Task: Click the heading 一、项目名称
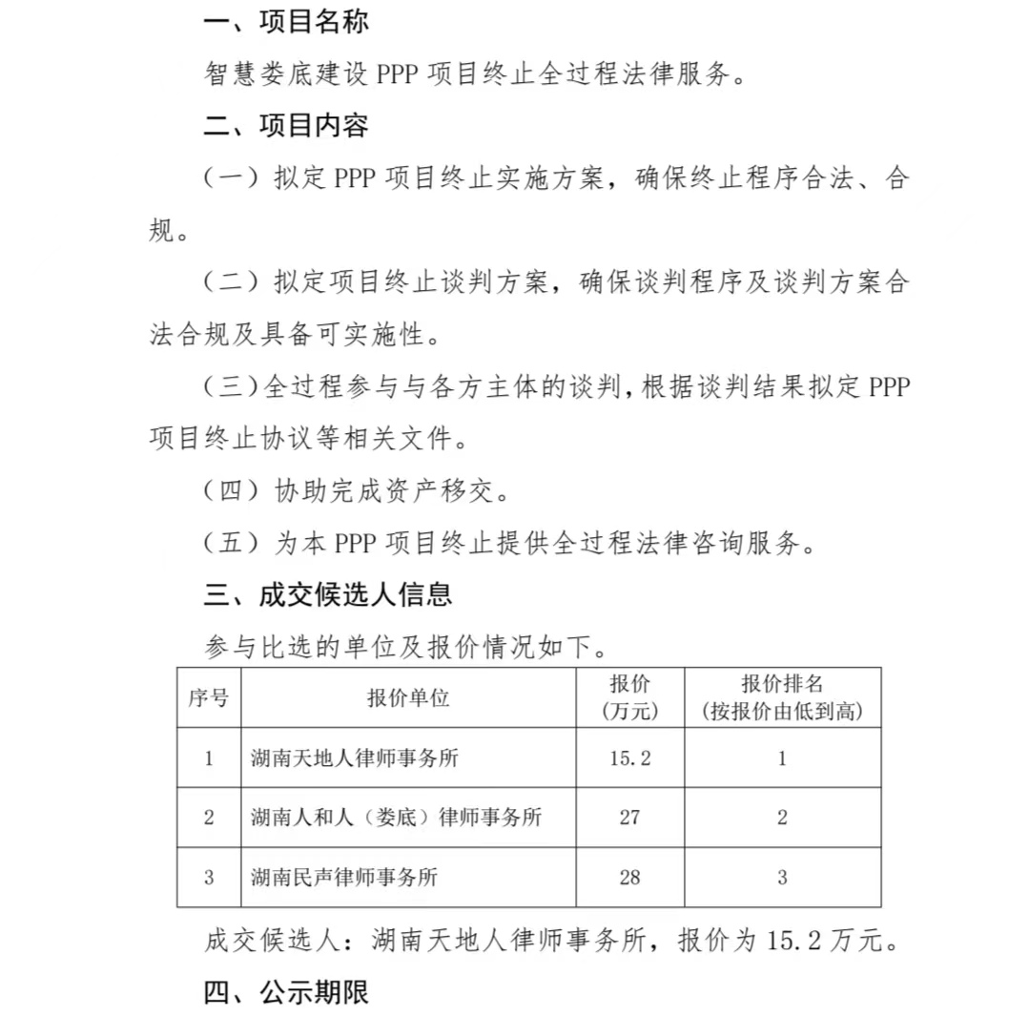click(x=286, y=23)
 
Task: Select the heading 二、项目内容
click(x=286, y=126)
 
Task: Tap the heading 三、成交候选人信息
click(x=327, y=595)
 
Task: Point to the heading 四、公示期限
click(x=286, y=992)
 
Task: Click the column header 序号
click(x=208, y=697)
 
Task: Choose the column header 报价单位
click(x=408, y=697)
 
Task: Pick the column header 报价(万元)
click(x=630, y=697)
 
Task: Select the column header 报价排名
click(x=782, y=697)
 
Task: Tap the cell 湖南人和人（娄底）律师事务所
click(x=396, y=818)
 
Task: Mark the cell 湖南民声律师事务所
click(x=344, y=877)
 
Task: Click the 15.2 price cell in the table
click(x=630, y=758)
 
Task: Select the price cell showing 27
click(x=629, y=818)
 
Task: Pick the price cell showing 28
click(x=629, y=877)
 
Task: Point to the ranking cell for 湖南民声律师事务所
click(x=782, y=877)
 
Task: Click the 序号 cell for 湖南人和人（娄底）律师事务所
click(x=209, y=818)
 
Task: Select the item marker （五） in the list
click(x=232, y=544)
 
